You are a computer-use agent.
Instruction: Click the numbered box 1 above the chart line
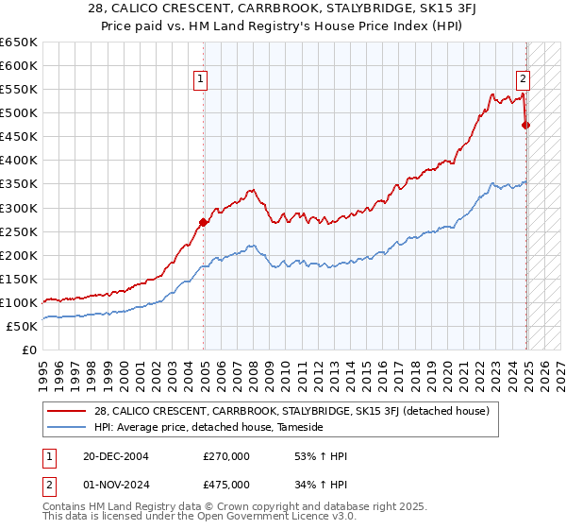[202, 80]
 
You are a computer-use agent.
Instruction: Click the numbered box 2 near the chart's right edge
[522, 80]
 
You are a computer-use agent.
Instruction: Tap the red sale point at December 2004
[203, 222]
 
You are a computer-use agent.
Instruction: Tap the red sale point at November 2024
[526, 125]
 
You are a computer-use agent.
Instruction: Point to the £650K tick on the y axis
[19, 43]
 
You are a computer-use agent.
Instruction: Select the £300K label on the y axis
[19, 208]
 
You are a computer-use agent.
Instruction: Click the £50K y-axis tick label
[23, 326]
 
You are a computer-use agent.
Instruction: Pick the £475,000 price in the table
[226, 486]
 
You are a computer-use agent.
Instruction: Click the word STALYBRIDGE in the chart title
[347, 10]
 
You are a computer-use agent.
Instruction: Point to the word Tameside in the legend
[301, 427]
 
